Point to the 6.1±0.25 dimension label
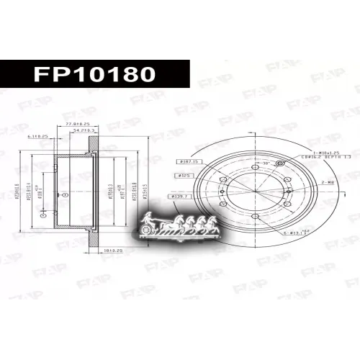click(37, 136)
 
